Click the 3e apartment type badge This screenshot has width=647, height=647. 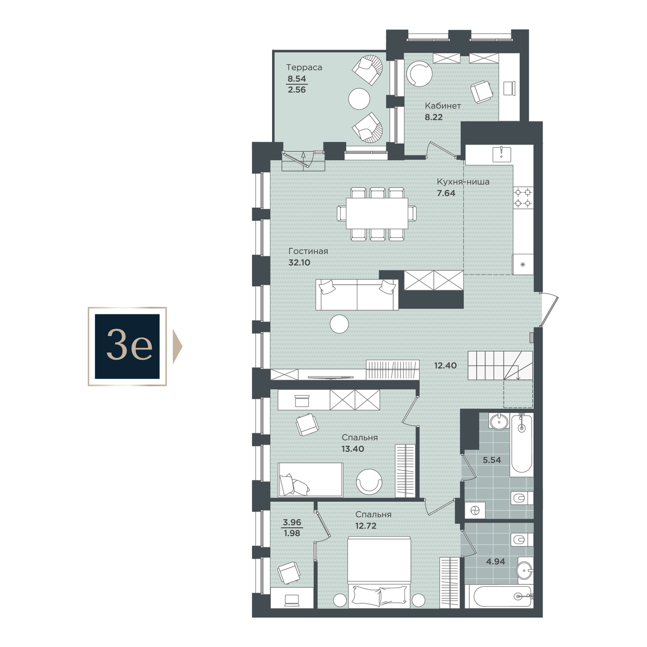tap(127, 346)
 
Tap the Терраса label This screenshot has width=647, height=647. tap(304, 68)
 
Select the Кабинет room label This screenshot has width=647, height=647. tap(443, 106)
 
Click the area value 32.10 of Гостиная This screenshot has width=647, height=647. tap(299, 262)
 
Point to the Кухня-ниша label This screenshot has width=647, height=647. tap(463, 182)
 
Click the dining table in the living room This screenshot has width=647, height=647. tap(376, 214)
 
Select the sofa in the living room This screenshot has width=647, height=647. tap(357, 295)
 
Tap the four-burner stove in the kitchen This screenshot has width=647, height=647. tap(523, 198)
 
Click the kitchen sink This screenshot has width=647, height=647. tap(501, 154)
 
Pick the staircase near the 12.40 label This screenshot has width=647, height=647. tap(500, 366)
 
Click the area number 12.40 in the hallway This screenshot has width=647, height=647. tap(445, 365)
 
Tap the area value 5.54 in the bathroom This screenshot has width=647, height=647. tap(492, 460)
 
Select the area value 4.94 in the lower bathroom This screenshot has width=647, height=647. tap(496, 561)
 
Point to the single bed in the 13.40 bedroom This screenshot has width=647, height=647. tap(311, 479)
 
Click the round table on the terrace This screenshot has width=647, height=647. tap(359, 99)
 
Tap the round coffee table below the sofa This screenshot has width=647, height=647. tap(340, 324)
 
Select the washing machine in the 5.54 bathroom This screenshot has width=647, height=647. tap(475, 511)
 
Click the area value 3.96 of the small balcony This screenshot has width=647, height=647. tap(292, 523)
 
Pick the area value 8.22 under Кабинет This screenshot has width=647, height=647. tap(434, 117)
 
